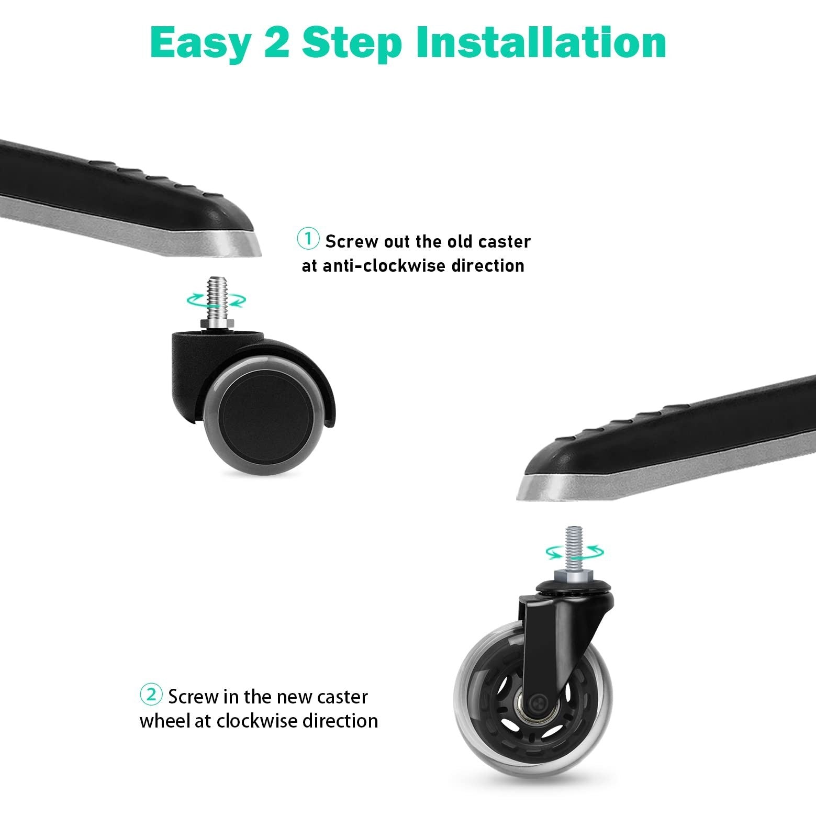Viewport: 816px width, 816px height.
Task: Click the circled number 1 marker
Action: coord(308,239)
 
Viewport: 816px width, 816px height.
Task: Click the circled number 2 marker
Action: coord(151,695)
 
